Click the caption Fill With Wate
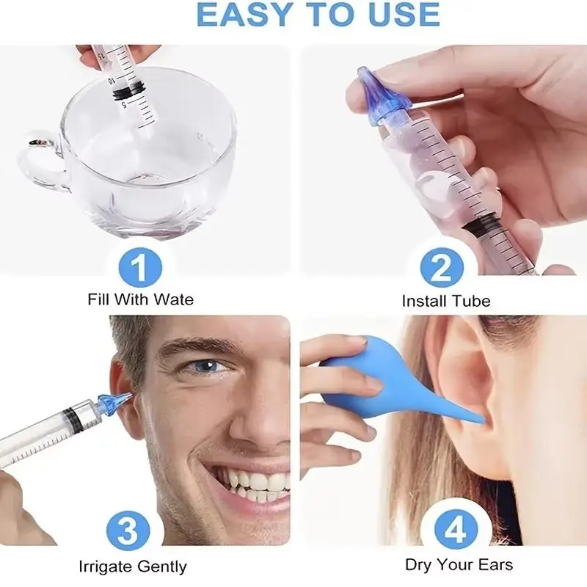point(140,299)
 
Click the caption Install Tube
point(445,301)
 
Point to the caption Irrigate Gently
point(132,566)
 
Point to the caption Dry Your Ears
point(459,564)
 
